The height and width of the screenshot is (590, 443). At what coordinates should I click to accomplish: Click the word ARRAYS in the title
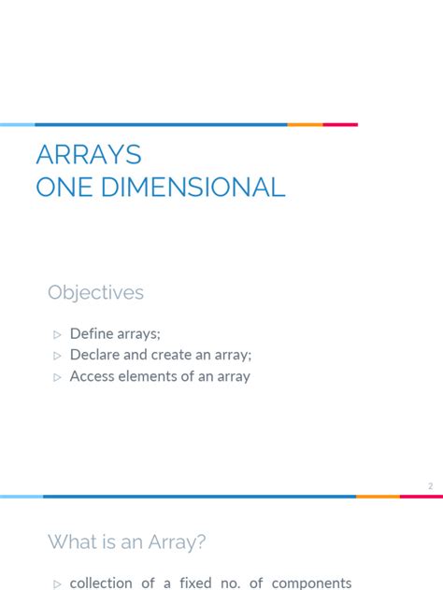88,155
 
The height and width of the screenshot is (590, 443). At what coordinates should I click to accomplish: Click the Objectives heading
95,293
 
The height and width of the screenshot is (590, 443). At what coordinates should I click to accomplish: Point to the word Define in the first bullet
91,333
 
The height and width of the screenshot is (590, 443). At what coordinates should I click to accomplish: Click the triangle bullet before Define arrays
57,334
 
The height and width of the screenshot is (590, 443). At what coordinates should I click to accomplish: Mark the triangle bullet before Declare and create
57,356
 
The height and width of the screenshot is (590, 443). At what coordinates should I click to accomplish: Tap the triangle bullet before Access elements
57,378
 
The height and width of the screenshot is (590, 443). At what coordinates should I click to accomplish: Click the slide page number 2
431,486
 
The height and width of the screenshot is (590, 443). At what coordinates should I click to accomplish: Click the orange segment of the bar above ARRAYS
305,124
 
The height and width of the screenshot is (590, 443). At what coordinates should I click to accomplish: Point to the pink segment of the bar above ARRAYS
340,124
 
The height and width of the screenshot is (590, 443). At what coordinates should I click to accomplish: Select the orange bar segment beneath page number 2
378,497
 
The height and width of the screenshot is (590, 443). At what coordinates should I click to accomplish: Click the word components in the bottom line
312,583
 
